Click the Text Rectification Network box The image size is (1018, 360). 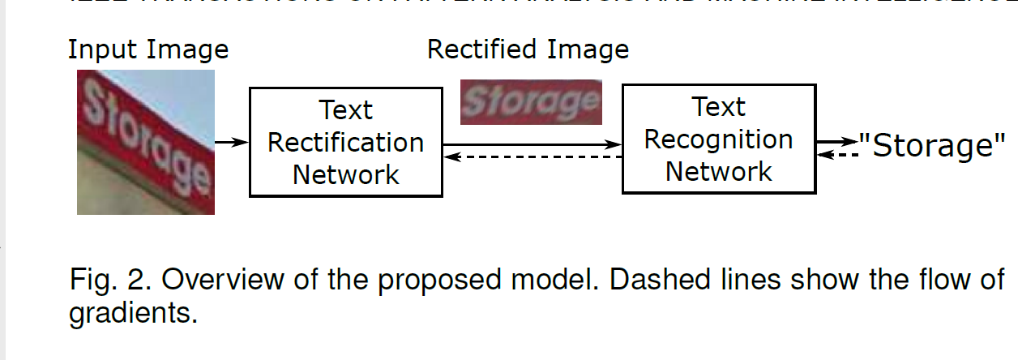coord(345,142)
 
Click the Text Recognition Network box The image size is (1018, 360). coord(718,139)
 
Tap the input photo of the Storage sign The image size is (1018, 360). coord(146,142)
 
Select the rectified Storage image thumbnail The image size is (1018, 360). coord(531,101)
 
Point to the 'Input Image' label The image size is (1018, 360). coord(148,49)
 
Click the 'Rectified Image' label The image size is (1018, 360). coord(528,49)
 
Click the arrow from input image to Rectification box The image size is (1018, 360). coord(231,142)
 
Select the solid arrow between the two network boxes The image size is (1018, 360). coord(532,144)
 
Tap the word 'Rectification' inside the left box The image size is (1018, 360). coord(345,143)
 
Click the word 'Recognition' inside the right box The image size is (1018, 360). coord(718,139)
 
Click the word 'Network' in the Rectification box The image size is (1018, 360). coord(345,174)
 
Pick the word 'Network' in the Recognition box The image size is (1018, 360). coord(718,171)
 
